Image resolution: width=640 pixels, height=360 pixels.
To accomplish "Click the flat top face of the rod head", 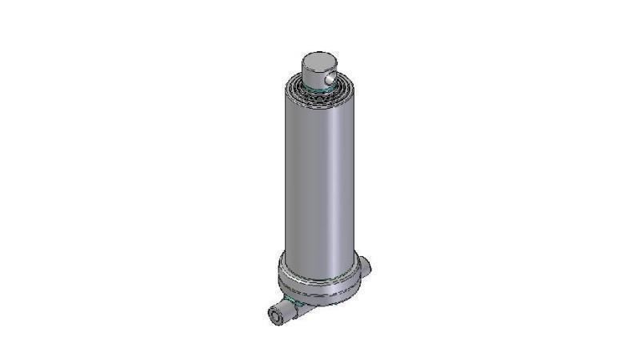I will pyautogui.click(x=318, y=60).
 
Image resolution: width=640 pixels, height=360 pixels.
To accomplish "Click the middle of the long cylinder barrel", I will pyautogui.click(x=318, y=176).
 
